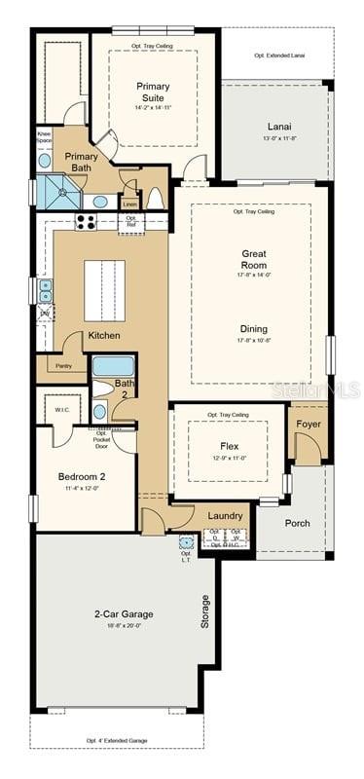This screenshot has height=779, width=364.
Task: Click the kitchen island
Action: (104, 289)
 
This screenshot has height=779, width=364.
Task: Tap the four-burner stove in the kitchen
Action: (86, 222)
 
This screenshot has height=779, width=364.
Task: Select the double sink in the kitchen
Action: (45, 289)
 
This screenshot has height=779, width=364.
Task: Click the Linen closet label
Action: (130, 204)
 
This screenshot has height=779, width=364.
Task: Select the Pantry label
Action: (64, 366)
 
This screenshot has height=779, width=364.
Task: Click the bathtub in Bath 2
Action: (113, 367)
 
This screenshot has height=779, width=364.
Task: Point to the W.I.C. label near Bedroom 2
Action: (60, 409)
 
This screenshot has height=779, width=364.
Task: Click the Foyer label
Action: (309, 424)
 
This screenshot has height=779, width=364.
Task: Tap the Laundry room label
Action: (226, 515)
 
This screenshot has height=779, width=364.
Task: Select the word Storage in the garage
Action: (204, 612)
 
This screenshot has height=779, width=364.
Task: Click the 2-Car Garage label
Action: (123, 614)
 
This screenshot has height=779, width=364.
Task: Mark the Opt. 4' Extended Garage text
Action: (116, 741)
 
